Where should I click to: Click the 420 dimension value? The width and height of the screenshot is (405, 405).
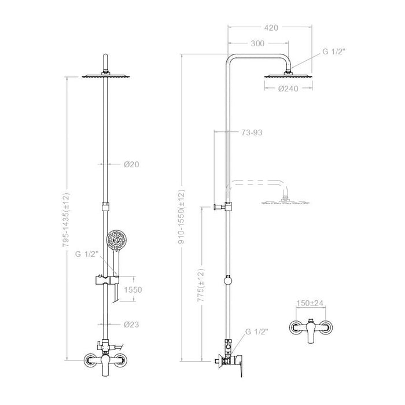(x=271, y=28)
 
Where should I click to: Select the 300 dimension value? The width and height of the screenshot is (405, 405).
(x=257, y=43)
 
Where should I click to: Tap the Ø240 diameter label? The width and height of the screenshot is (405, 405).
(x=288, y=89)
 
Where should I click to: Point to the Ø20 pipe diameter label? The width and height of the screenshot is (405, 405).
(x=131, y=164)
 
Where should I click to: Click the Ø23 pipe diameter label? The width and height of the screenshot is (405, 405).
(x=131, y=324)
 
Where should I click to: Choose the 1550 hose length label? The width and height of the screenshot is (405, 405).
(x=133, y=289)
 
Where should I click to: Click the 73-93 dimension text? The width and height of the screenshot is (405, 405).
(x=252, y=132)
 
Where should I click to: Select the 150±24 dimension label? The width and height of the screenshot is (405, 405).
(x=310, y=303)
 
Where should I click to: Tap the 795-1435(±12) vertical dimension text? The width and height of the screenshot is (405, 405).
(x=66, y=220)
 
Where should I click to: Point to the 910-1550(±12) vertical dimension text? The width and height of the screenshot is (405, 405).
(x=182, y=217)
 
